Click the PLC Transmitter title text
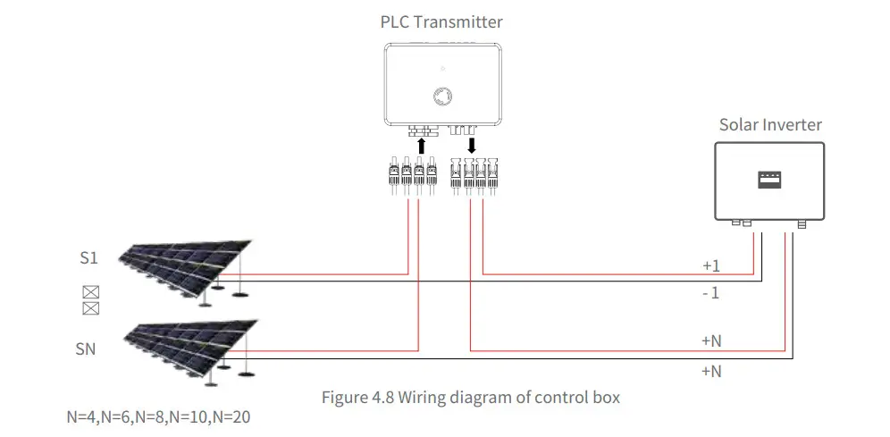coord(441,21)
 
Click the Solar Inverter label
coord(769,124)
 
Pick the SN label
coord(85,349)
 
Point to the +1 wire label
coord(710,265)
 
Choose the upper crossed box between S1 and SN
coord(89,292)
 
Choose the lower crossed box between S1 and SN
coord(89,308)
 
